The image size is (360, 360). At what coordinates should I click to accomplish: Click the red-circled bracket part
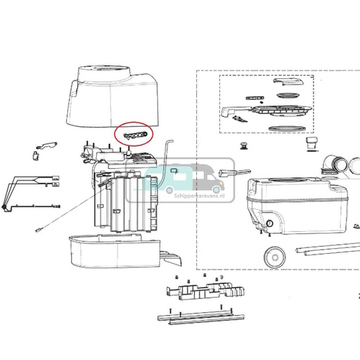(132, 132)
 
